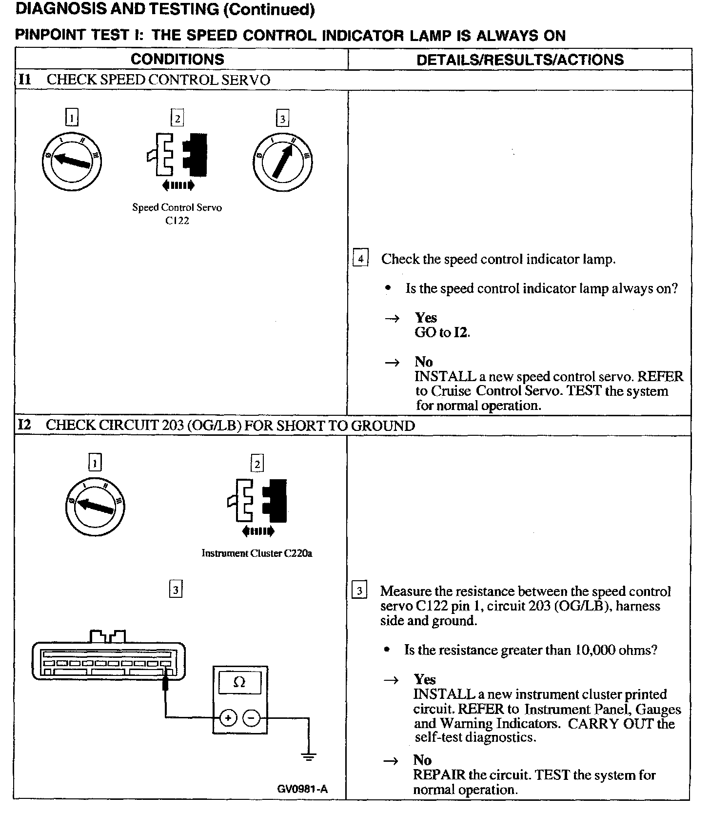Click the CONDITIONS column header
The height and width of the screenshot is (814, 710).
coord(177,60)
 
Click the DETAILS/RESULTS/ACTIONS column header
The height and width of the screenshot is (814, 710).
coord(520,60)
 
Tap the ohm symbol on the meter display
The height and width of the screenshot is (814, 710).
coord(239,682)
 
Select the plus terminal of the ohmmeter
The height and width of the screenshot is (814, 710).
coord(228,717)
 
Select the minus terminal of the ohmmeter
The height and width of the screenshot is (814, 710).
coord(251,717)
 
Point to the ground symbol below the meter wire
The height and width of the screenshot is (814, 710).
coord(308,758)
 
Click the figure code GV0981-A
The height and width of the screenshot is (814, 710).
coord(302,789)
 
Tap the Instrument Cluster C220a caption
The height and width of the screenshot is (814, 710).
coord(257,553)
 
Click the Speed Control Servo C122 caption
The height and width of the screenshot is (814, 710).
coord(177,214)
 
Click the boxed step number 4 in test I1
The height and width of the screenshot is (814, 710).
coord(360,258)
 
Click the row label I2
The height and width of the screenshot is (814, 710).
coord(24,425)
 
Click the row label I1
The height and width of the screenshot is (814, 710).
coord(24,80)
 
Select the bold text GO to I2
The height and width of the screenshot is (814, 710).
coord(442,333)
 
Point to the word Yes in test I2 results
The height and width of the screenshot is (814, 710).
coord(425,679)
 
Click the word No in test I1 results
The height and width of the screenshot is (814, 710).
coord(424,362)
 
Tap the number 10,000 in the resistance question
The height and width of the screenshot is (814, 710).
coord(595,650)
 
